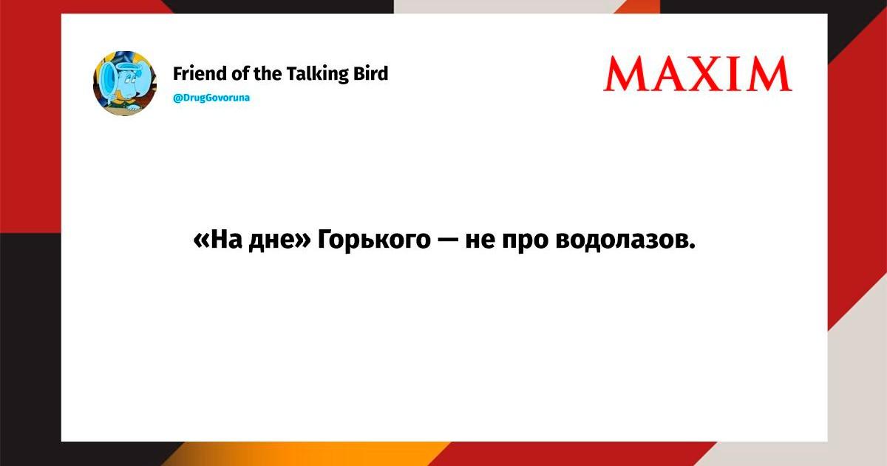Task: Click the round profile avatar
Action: coord(125,83)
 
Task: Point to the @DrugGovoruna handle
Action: coord(211,98)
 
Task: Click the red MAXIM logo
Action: coord(698,74)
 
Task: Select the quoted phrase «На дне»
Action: coord(252,240)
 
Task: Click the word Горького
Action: coord(374,240)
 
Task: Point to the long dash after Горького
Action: coord(447,240)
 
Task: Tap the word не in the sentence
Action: coord(480,241)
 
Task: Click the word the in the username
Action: coord(268,73)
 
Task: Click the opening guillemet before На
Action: coord(202,241)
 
